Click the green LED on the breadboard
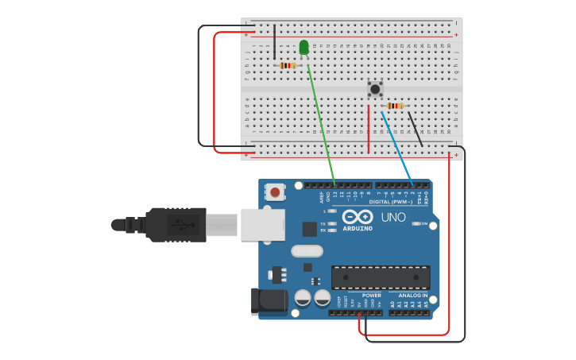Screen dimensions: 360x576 tap(304, 47)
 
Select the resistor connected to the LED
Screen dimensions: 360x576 tap(288, 65)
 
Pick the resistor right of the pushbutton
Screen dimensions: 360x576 tap(395, 106)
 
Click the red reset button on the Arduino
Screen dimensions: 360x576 tap(275, 192)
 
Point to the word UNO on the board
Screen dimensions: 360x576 tap(393, 217)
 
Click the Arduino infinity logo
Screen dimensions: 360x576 tap(358, 216)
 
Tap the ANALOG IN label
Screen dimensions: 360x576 tap(413, 295)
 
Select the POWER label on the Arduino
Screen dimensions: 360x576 tap(372, 295)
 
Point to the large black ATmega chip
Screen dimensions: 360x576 tap(381, 277)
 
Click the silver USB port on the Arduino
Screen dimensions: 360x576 tap(262, 224)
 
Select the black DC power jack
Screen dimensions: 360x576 tap(268, 300)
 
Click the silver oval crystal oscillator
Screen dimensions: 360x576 tap(307, 251)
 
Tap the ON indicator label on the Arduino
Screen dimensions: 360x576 tap(423, 224)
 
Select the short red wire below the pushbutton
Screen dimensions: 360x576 tap(369, 129)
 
